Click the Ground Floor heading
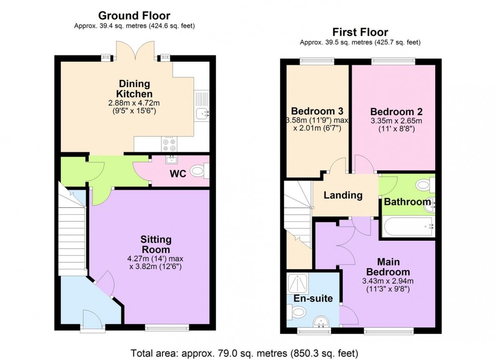tap(134, 16)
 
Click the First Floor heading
tap(360, 32)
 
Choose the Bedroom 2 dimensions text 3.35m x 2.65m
tap(396, 121)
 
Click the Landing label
tap(343, 195)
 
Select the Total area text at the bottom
tap(244, 352)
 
